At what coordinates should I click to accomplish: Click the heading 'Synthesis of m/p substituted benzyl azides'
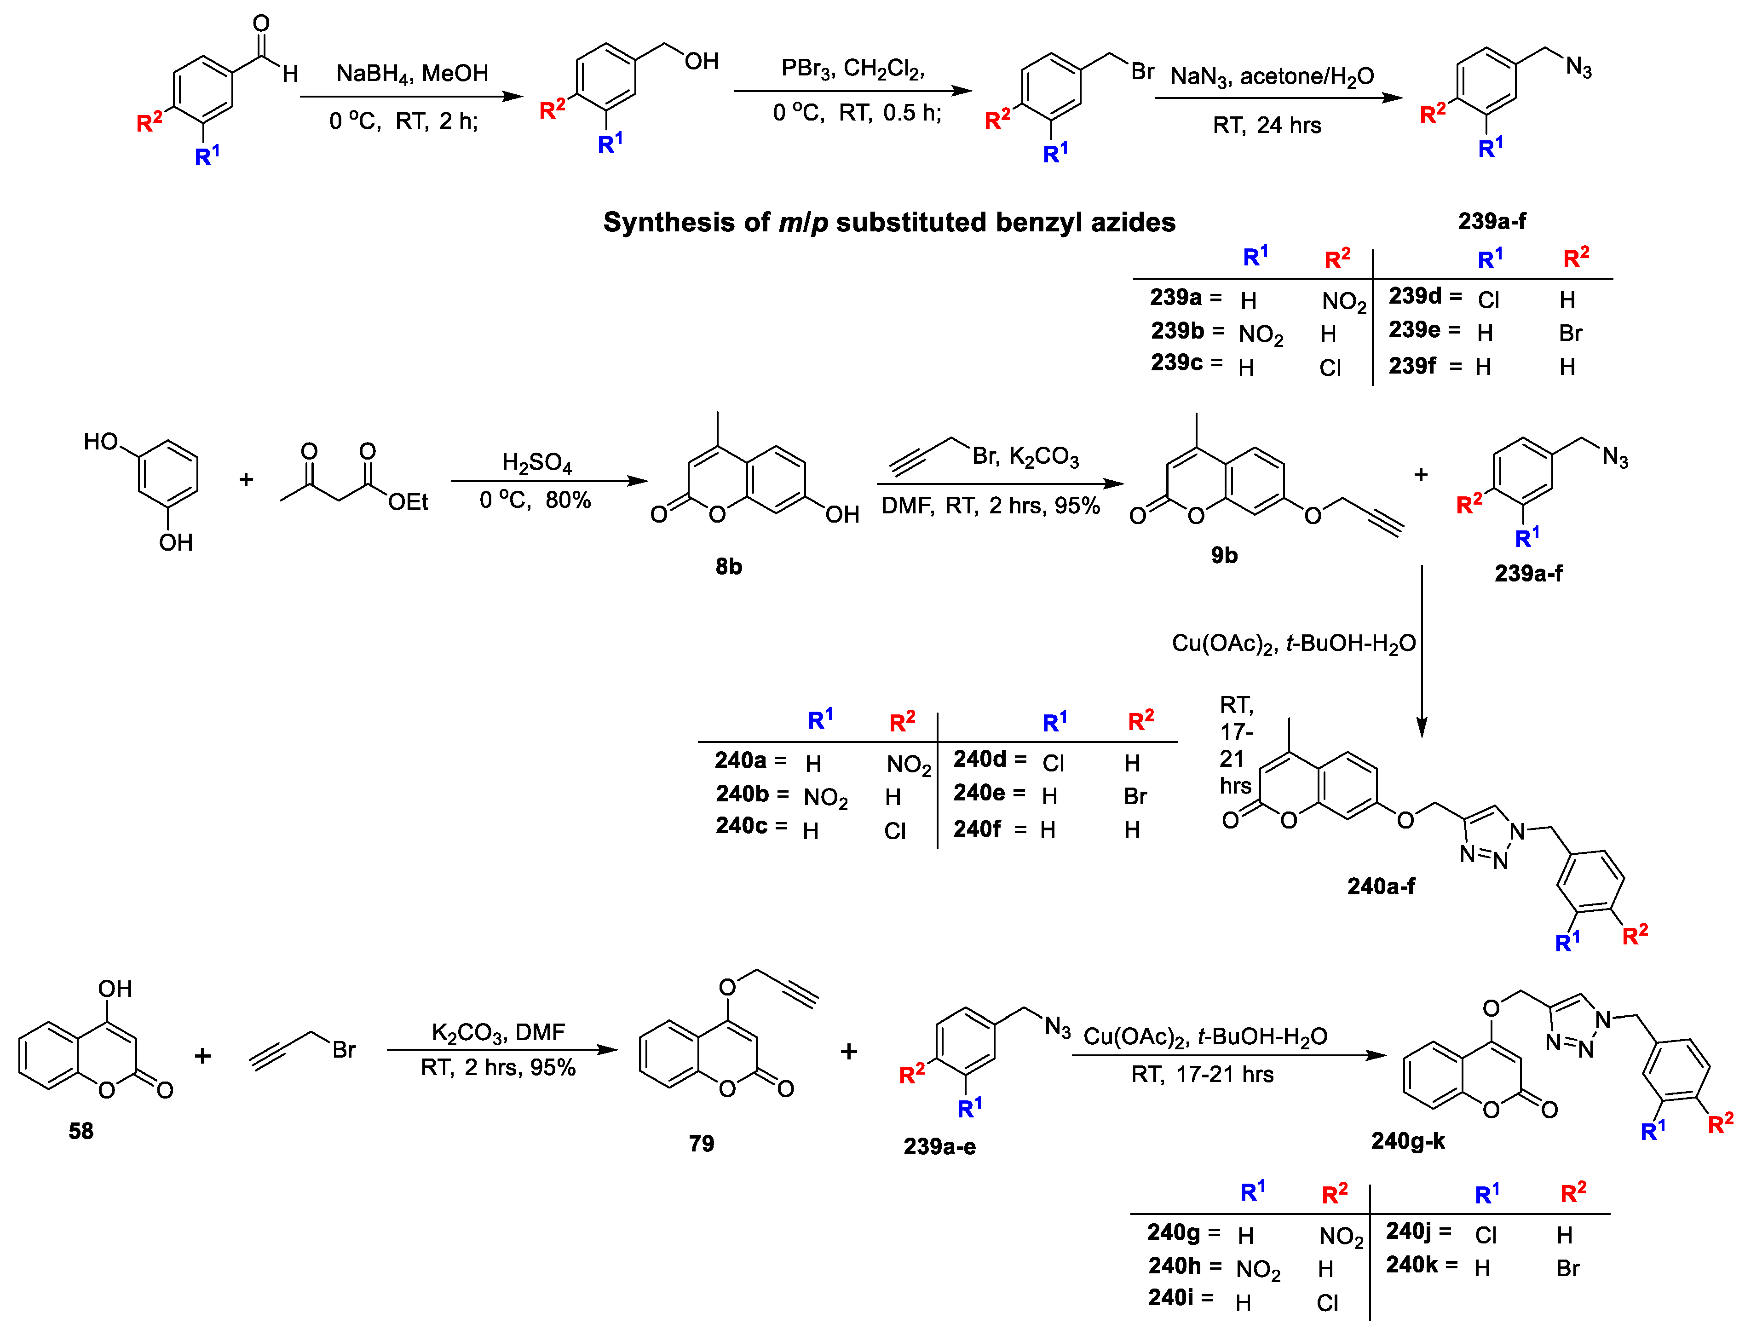[x=888, y=223]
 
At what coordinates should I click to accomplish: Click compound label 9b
[x=1224, y=555]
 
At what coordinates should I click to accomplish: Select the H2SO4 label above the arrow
[x=536, y=462]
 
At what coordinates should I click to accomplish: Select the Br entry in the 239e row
[x=1570, y=333]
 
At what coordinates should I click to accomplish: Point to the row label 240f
[x=977, y=829]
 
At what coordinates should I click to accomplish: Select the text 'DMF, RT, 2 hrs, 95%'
[x=990, y=506]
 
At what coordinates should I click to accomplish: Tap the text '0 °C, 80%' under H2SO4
[x=535, y=501]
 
